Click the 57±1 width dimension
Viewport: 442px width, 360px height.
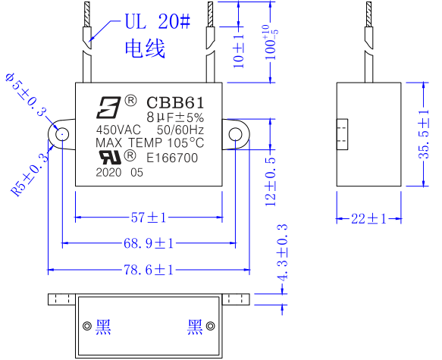coord(149,218)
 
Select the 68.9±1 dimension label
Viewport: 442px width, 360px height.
coord(149,243)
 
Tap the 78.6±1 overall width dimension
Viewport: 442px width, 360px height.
coord(149,269)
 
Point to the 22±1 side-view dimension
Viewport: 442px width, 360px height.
coord(368,218)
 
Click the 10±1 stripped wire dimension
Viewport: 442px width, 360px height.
coord(239,49)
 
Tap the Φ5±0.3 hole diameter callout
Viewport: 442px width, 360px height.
coord(27,95)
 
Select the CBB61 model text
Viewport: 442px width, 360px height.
coord(172,102)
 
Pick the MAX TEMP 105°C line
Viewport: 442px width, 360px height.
coord(149,143)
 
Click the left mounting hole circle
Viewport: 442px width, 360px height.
coord(61,134)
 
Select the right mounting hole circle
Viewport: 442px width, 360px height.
coord(235,134)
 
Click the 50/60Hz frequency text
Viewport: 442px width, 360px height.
coord(181,130)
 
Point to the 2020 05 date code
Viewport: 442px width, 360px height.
coord(119,172)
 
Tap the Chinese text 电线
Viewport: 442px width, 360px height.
coord(144,50)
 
